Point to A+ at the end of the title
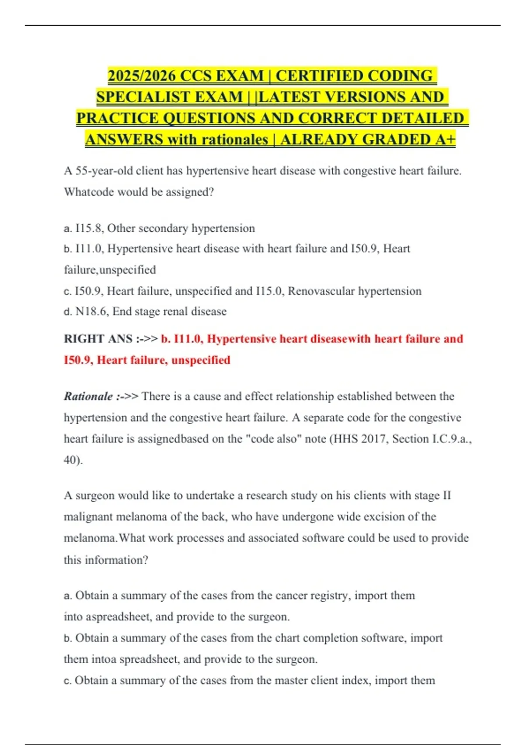click(x=445, y=139)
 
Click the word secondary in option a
click(x=163, y=228)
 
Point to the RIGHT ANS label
click(x=98, y=339)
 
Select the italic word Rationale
click(x=89, y=397)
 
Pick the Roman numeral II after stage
click(x=447, y=496)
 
